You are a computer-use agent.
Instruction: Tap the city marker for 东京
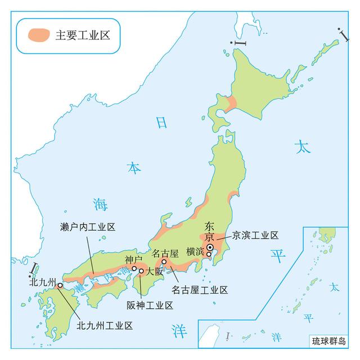(209, 247)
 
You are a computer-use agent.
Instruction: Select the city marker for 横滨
(209, 254)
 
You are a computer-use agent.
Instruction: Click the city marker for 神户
(134, 268)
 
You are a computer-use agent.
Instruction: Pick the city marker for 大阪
(141, 271)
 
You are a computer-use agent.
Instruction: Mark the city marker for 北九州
(60, 285)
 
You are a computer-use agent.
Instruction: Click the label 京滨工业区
(255, 235)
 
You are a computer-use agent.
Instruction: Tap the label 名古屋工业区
(200, 290)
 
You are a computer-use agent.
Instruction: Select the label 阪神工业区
(150, 305)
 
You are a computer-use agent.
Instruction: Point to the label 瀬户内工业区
(87, 227)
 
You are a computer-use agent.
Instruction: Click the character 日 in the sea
(162, 123)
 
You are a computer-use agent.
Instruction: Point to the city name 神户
(133, 259)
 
